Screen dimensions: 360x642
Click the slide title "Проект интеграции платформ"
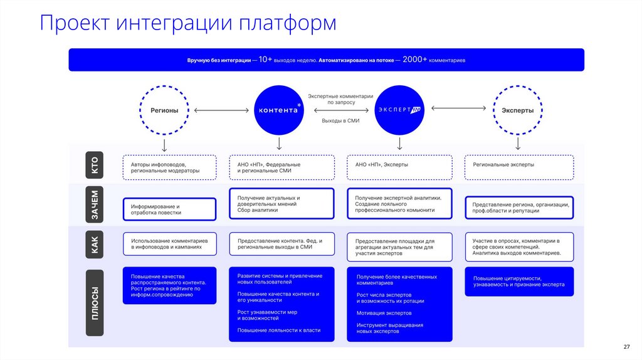(x=187, y=23)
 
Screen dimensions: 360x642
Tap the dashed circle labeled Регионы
(x=164, y=110)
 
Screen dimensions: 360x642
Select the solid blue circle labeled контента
(x=279, y=110)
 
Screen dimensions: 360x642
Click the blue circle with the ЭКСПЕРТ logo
(x=399, y=110)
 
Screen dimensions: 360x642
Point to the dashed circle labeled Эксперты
(x=517, y=110)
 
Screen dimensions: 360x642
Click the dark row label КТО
(x=95, y=166)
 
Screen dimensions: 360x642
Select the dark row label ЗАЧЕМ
(x=95, y=205)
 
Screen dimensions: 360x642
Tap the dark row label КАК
(x=95, y=246)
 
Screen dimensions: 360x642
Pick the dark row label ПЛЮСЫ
(x=95, y=303)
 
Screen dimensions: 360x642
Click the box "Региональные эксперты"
(x=519, y=167)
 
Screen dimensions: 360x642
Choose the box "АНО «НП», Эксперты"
(x=399, y=167)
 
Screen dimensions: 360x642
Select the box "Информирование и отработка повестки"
(x=169, y=209)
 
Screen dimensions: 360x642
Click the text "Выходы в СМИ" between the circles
(x=340, y=120)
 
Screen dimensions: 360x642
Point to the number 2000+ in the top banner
(x=415, y=60)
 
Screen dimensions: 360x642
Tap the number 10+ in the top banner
(x=265, y=60)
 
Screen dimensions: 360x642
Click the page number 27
(x=626, y=347)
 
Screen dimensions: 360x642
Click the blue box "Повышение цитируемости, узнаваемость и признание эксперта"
(x=519, y=282)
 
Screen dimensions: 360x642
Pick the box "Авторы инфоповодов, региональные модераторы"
(x=169, y=167)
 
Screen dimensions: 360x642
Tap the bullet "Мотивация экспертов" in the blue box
(x=384, y=313)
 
